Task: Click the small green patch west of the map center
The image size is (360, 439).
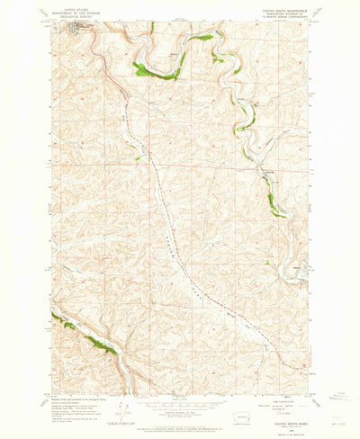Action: (138, 158)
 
